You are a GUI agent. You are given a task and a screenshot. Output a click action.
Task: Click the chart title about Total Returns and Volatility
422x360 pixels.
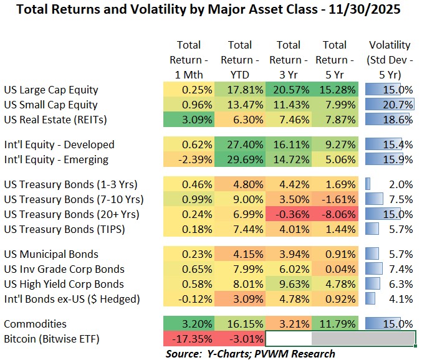tap(211, 11)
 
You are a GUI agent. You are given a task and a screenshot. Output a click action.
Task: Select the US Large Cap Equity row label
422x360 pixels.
tap(50, 90)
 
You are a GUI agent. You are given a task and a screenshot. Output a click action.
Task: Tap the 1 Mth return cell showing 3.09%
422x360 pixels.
tap(189, 120)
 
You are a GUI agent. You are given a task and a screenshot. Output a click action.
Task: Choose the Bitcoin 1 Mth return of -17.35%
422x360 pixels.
tap(189, 339)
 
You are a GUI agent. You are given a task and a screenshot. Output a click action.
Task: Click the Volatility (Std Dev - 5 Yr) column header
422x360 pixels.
tap(390, 60)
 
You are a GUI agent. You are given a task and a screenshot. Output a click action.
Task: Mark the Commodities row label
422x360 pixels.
tap(35, 324)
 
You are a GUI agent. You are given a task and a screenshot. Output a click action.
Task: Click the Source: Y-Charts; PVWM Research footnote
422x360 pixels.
tap(242, 353)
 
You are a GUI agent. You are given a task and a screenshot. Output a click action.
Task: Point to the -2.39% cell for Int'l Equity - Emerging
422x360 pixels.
tap(189, 159)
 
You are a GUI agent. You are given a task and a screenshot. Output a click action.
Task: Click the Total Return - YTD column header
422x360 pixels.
tap(239, 60)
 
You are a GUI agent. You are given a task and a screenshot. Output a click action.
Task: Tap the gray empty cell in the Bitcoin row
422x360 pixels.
tap(363, 339)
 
